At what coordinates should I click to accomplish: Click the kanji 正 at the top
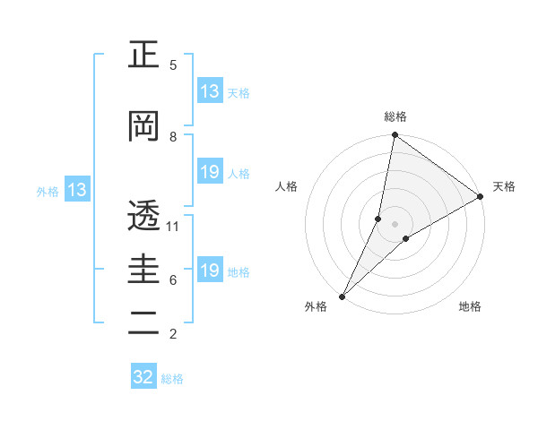pos(143,56)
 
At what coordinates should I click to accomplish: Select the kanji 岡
pos(143,127)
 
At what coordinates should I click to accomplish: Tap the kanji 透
pos(143,216)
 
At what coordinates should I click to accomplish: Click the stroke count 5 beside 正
pos(173,64)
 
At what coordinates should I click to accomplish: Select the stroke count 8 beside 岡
pos(173,136)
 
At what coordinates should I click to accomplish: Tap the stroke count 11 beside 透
pos(173,226)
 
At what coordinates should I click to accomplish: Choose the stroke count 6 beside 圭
pos(173,279)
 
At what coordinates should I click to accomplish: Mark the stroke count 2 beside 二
pos(173,333)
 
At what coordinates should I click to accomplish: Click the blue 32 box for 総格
pos(143,377)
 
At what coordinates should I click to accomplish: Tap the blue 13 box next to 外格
pos(76,190)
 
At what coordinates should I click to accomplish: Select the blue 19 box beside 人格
pos(210,172)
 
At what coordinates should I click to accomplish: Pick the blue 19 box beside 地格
pos(210,271)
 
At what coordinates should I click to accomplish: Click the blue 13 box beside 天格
pos(210,91)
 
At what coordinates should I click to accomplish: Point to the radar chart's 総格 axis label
pos(395,116)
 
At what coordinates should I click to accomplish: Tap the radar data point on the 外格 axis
pos(342,296)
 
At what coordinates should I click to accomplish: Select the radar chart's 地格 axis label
pos(470,306)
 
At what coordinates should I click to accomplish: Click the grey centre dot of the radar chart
pos(395,223)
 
